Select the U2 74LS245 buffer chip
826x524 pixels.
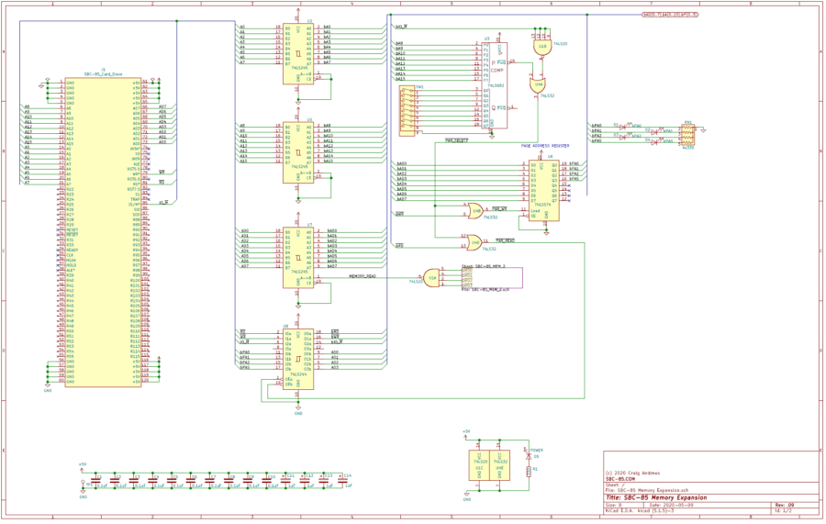tap(298, 51)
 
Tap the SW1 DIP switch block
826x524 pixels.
tap(409, 110)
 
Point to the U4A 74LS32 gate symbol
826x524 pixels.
tap(539, 84)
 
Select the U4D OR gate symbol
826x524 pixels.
tap(474, 242)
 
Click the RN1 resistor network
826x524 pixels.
tap(686, 134)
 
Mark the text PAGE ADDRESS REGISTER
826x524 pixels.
tap(545, 146)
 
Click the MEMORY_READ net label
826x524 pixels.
tap(362, 274)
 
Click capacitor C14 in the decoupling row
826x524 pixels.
tap(341, 480)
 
